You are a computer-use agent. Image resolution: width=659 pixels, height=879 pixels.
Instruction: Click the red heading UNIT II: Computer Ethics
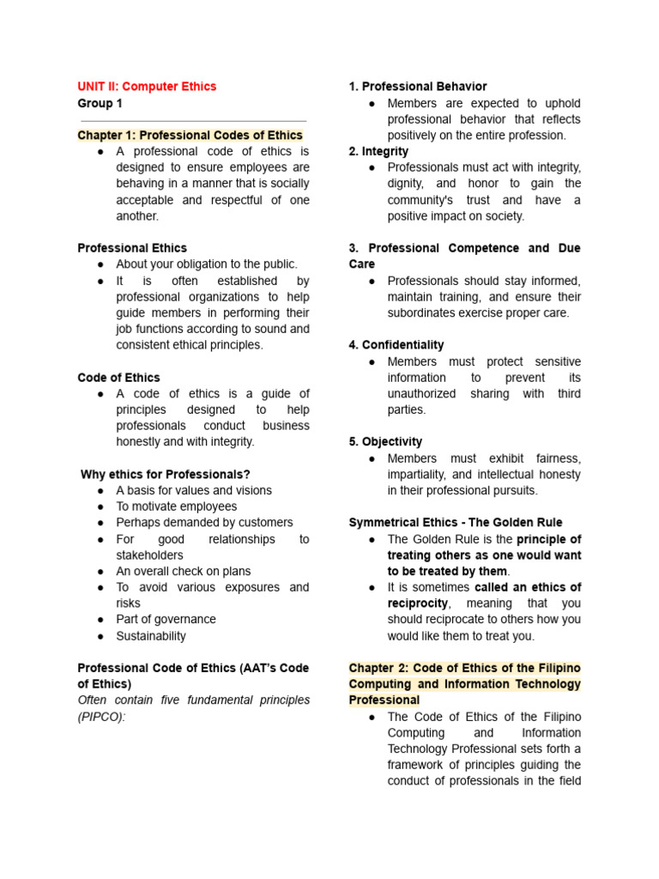[x=147, y=87]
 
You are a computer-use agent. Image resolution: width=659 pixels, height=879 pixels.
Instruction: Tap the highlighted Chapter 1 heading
[x=190, y=135]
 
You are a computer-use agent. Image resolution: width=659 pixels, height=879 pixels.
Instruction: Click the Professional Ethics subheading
[x=132, y=248]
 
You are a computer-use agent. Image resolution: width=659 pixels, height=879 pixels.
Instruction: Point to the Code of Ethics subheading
[x=118, y=378]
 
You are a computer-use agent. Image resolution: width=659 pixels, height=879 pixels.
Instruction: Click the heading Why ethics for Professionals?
[x=165, y=474]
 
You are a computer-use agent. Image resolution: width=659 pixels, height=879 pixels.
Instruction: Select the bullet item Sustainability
[x=151, y=636]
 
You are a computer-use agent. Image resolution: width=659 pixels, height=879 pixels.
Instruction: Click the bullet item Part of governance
[x=166, y=619]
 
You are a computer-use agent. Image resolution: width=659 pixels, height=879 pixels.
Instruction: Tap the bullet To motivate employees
[x=176, y=506]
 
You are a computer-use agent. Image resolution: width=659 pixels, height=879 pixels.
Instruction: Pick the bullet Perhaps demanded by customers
[x=204, y=522]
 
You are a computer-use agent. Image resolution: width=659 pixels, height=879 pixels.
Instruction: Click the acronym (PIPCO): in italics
[x=101, y=716]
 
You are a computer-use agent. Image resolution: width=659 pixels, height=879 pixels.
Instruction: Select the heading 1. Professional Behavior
[x=418, y=87]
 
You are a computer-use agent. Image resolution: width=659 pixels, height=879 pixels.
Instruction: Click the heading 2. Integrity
[x=378, y=151]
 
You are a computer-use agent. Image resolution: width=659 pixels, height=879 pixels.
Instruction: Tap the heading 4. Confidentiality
[x=396, y=345]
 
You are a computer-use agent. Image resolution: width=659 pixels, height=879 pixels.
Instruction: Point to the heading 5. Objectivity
[x=385, y=441]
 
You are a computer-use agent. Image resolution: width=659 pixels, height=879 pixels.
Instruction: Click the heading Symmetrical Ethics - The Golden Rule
[x=456, y=523]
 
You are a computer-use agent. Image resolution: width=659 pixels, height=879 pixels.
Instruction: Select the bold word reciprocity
[x=420, y=603]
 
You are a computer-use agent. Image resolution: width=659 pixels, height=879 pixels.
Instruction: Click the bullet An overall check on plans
[x=184, y=571]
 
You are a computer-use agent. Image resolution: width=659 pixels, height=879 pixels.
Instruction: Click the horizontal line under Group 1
[x=192, y=121]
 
